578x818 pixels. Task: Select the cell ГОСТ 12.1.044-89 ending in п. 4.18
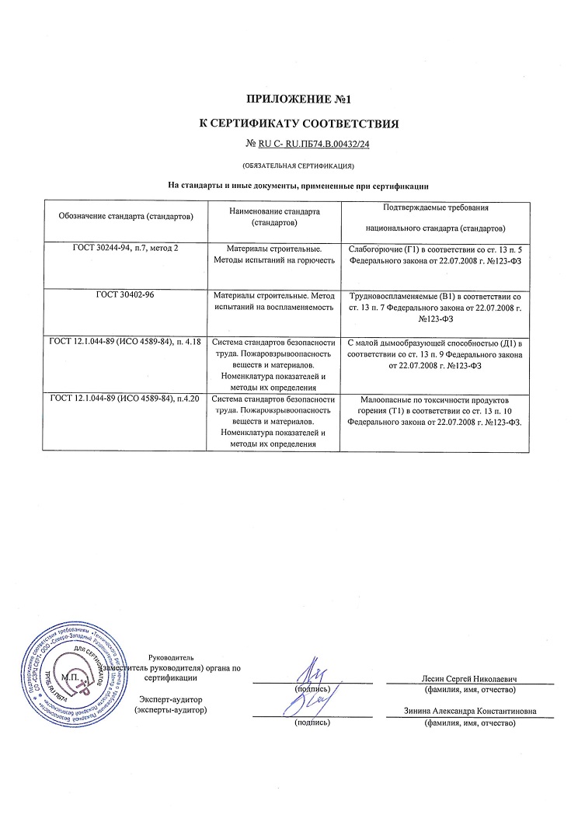coord(125,342)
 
